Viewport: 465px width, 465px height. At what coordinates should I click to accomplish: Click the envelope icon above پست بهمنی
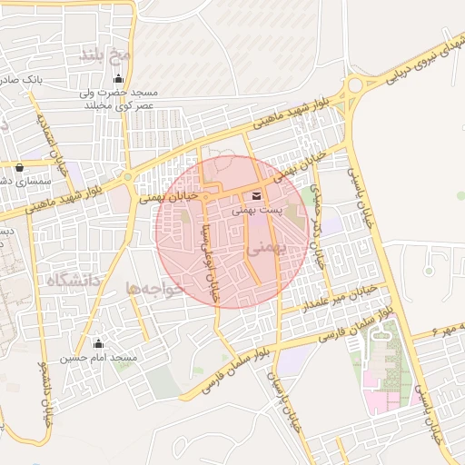coord(255,196)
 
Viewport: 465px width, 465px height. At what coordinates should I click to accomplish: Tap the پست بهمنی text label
coord(256,210)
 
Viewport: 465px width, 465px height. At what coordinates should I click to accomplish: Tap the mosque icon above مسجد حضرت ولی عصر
coord(115,79)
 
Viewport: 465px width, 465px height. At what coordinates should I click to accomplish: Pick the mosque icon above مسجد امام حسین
coord(99,344)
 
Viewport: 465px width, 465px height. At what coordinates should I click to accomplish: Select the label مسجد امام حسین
coord(99,359)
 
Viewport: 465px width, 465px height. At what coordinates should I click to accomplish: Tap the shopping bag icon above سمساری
coord(20,167)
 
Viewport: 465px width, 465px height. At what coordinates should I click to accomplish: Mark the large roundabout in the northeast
coord(355,85)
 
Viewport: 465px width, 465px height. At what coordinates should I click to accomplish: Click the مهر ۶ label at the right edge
coord(449,326)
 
